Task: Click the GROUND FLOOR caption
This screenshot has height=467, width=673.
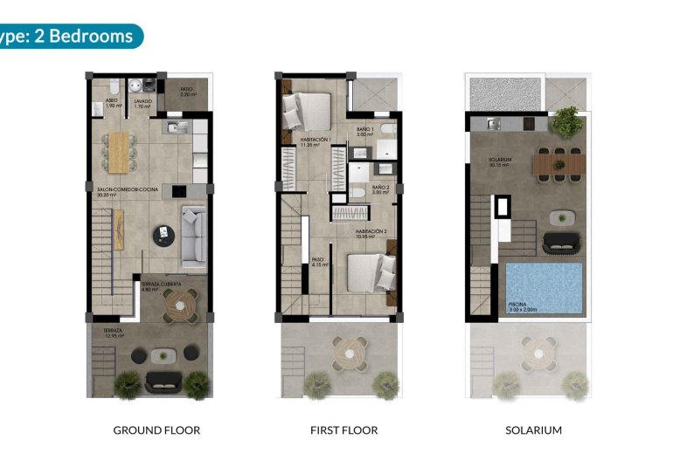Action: [x=156, y=430]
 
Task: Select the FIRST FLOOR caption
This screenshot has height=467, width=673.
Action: [x=343, y=430]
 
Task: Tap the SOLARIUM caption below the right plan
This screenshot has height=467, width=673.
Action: [x=533, y=430]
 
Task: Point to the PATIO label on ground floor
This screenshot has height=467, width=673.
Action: [x=186, y=91]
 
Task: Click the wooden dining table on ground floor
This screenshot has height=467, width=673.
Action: [x=120, y=149]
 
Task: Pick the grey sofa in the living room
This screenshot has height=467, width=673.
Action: [x=193, y=236]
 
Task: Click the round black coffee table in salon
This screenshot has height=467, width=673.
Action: [x=163, y=236]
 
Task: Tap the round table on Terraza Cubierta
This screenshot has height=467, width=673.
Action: [x=181, y=304]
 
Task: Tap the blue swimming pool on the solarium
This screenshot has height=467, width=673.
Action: [x=543, y=286]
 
